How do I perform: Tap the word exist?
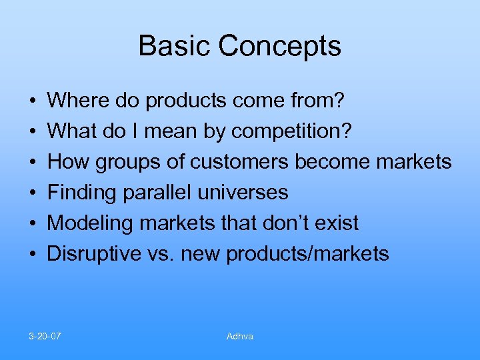(337, 223)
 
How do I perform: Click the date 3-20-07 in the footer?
(45, 336)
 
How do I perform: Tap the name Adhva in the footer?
(240, 336)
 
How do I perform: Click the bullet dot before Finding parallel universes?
(33, 193)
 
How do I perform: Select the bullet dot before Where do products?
(33, 102)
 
